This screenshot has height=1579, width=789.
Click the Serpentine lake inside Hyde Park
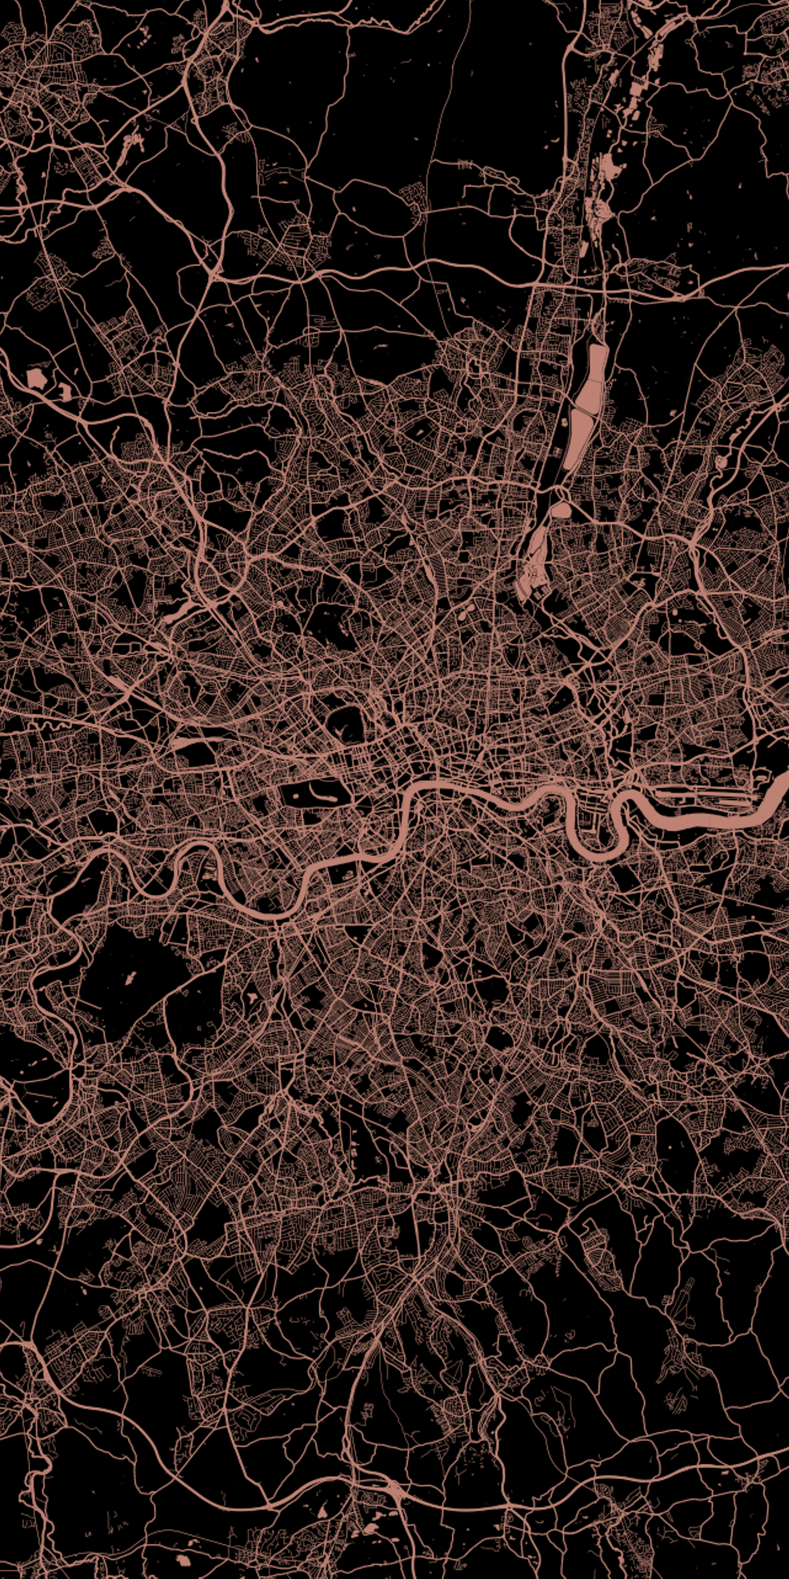pos(321,793)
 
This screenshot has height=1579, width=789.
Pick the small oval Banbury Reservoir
pos(561,510)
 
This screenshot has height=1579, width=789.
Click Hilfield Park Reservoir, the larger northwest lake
pos(37,378)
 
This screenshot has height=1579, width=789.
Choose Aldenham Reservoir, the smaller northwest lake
pos(64,390)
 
